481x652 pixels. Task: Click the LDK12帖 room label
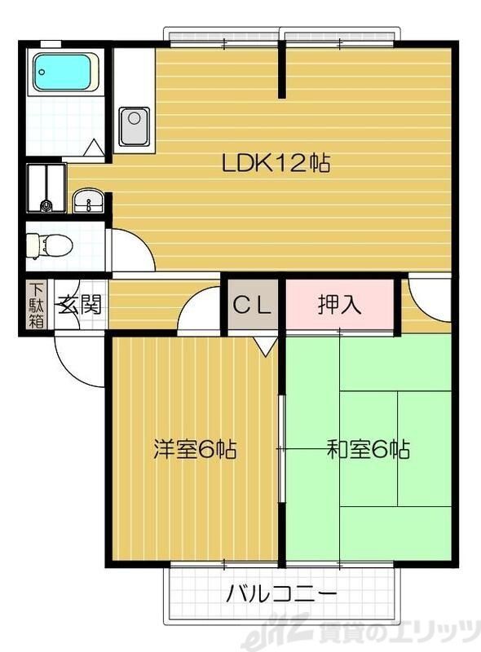coord(276,163)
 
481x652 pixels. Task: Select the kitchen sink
coord(135,126)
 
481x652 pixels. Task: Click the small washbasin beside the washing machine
coord(87,199)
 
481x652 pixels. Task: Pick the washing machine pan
coord(46,187)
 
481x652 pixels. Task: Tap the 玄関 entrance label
coord(80,306)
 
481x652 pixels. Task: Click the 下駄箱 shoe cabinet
coord(37,305)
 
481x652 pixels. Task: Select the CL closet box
coord(254,306)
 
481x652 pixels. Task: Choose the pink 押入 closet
coord(340,306)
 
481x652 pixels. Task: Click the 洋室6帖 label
coord(196,448)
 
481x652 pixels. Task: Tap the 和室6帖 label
coord(368,448)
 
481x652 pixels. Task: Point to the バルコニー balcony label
coord(281,593)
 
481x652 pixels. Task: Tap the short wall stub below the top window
coord(282,69)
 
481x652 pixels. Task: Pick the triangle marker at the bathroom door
coord(95,148)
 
